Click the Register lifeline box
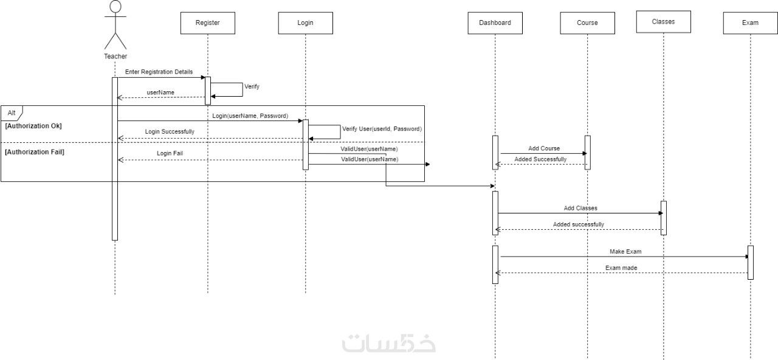(207, 23)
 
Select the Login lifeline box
(305, 23)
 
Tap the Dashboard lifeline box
(495, 23)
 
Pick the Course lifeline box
(587, 23)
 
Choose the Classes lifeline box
(663, 22)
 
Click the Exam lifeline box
(750, 23)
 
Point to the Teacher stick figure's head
(115, 7)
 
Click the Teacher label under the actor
(115, 57)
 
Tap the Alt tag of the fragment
(12, 113)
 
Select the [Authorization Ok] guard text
(33, 126)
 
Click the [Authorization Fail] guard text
(35, 152)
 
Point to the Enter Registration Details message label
(159, 72)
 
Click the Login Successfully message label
(170, 131)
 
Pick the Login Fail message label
(170, 153)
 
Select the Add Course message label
(544, 148)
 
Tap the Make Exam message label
(625, 251)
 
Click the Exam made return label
(621, 268)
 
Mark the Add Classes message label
(580, 208)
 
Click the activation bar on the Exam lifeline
(750, 262)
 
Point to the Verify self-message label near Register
(252, 86)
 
